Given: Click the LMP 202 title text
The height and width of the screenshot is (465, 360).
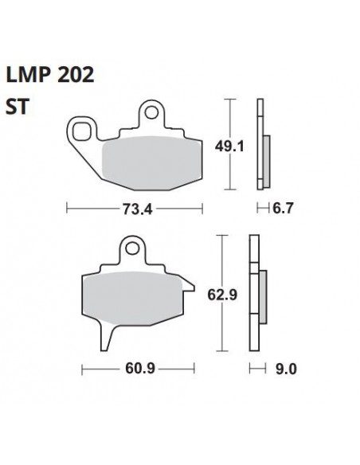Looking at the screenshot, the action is tap(50, 74).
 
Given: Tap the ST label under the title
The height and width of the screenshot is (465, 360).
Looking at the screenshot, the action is tap(18, 107).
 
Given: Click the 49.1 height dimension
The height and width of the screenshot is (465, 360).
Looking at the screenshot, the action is tap(229, 147).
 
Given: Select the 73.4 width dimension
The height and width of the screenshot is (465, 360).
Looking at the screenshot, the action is tap(137, 209).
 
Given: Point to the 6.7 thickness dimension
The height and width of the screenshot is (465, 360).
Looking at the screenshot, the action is tap(283, 208).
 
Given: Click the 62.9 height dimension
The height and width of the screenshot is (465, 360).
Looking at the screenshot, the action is tap(222, 295).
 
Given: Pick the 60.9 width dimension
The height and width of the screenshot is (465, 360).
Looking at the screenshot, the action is tap(140, 369).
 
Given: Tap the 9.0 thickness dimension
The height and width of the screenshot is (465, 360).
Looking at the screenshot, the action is tap(286, 369).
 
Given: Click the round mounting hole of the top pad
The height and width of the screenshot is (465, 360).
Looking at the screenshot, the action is tap(152, 113).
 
